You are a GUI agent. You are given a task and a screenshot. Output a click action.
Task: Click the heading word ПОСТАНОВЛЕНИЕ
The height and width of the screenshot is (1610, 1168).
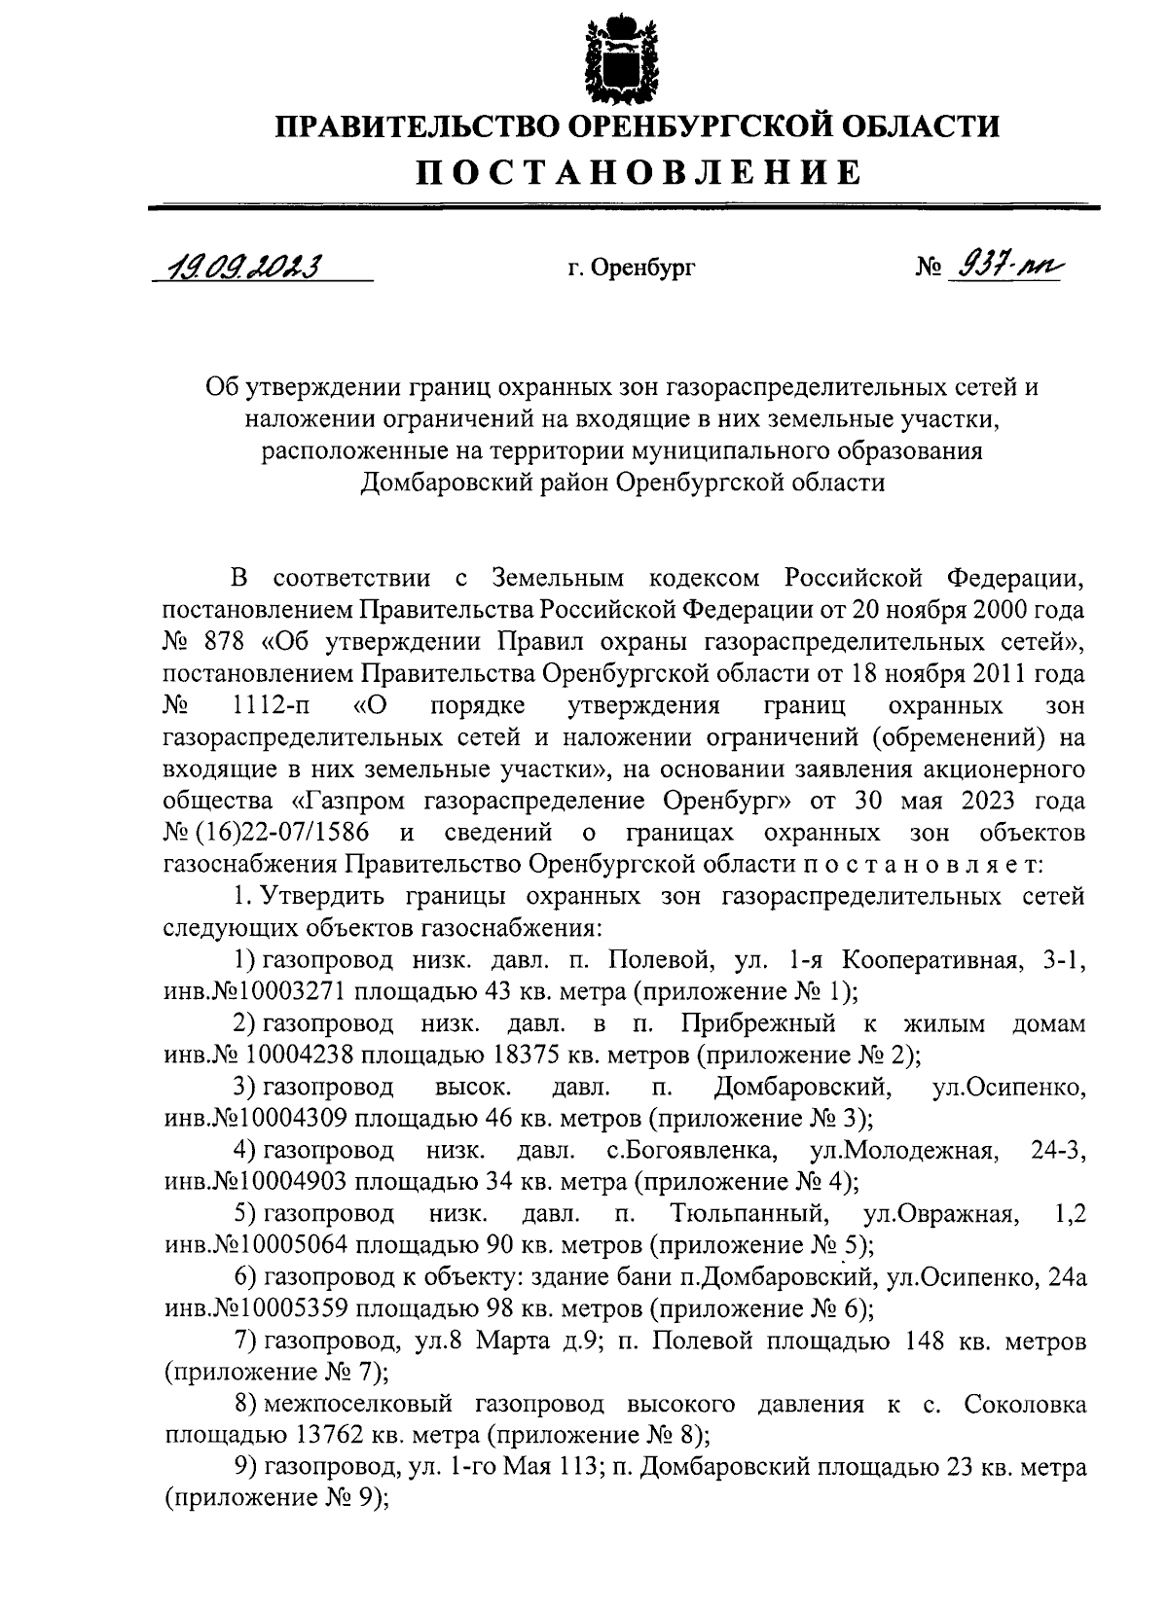639,172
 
